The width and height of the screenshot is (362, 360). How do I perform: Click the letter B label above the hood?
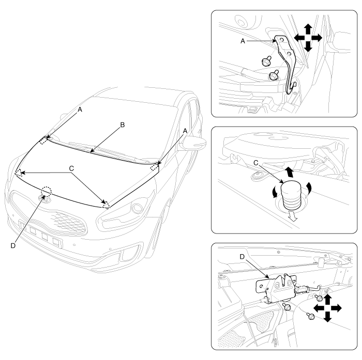(123, 125)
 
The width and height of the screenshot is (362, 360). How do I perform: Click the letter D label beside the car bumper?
(13, 246)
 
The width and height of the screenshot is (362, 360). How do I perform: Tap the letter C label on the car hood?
(71, 168)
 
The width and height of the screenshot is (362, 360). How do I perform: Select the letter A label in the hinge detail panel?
(243, 41)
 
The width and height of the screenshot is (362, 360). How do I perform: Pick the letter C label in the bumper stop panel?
(256, 163)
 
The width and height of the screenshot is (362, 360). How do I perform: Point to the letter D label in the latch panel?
(242, 257)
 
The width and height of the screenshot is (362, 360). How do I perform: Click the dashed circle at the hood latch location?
(46, 191)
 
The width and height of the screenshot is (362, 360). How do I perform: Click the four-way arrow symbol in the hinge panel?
(308, 38)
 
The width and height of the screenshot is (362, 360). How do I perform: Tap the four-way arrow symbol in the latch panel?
(327, 308)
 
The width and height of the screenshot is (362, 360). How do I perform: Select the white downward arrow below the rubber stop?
(293, 215)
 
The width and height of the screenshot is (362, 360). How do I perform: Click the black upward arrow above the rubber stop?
(289, 173)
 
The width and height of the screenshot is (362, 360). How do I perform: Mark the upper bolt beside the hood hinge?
(266, 61)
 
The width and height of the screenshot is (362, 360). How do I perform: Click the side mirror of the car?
(194, 144)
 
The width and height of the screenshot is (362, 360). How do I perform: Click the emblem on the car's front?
(44, 198)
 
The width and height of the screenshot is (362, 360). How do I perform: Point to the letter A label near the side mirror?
(185, 131)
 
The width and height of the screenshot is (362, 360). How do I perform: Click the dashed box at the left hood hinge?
(44, 140)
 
